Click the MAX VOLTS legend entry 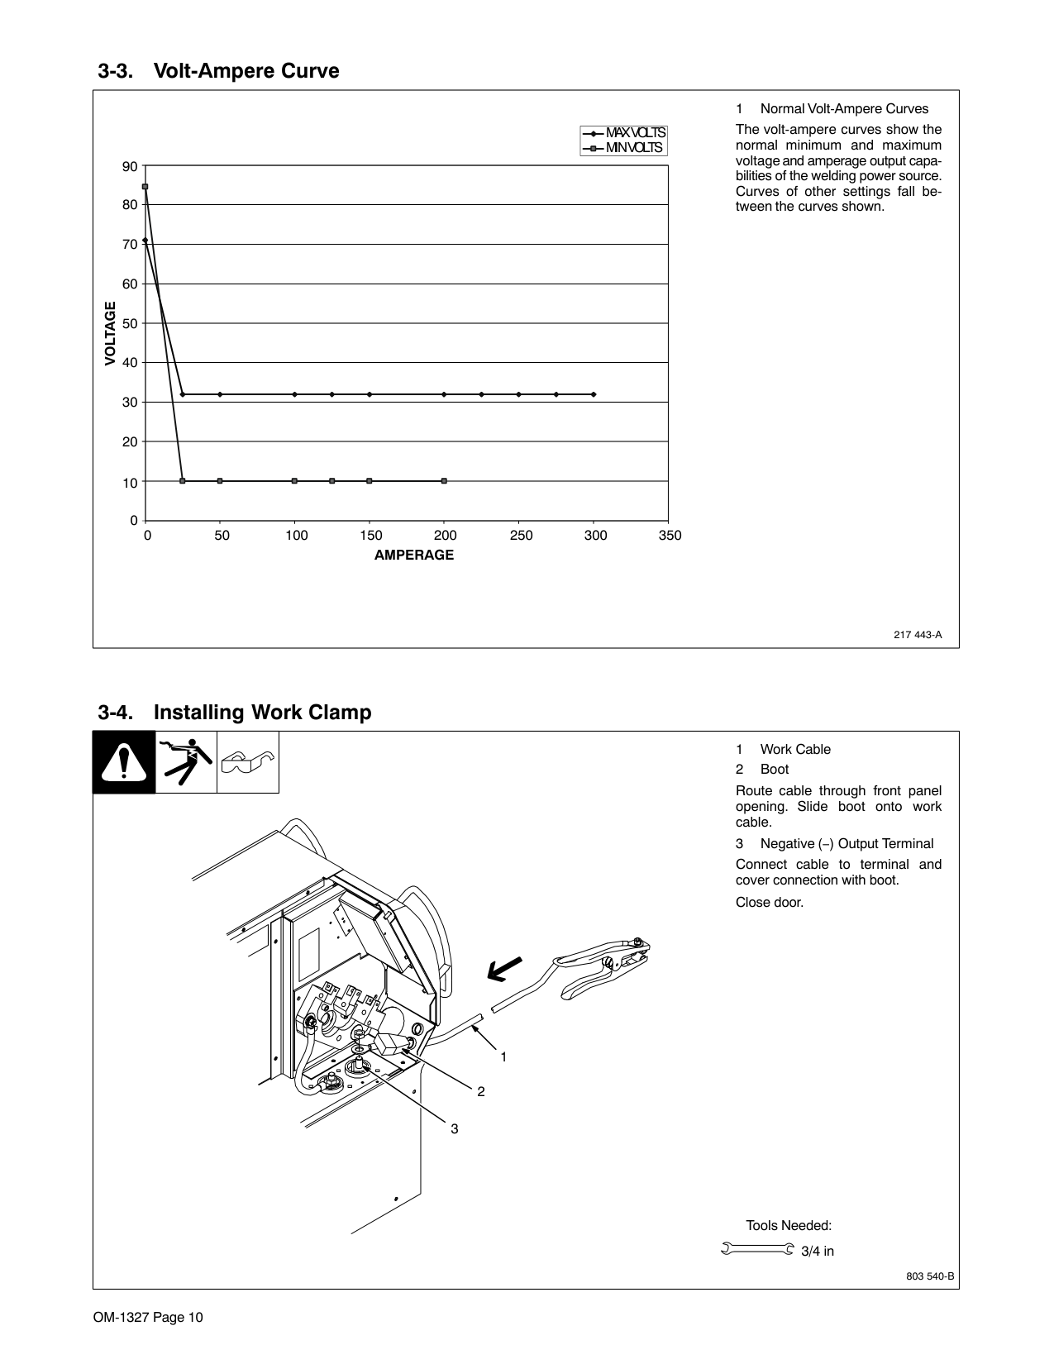[623, 133]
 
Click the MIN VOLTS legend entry [623, 148]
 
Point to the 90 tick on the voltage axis [130, 166]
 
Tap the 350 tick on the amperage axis [670, 536]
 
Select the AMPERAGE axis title [413, 555]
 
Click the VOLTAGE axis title [110, 334]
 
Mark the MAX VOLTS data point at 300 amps [594, 394]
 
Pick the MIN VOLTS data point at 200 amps [445, 480]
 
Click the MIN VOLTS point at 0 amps [145, 187]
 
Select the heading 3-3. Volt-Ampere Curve [218, 71]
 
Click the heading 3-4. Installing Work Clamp [235, 713]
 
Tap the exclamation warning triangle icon [124, 762]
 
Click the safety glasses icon [248, 762]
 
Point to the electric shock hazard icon [186, 762]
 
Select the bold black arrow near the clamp [504, 968]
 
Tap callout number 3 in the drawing [454, 1128]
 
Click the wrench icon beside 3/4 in [757, 1249]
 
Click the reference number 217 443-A [918, 635]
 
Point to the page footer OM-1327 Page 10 [148, 1317]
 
